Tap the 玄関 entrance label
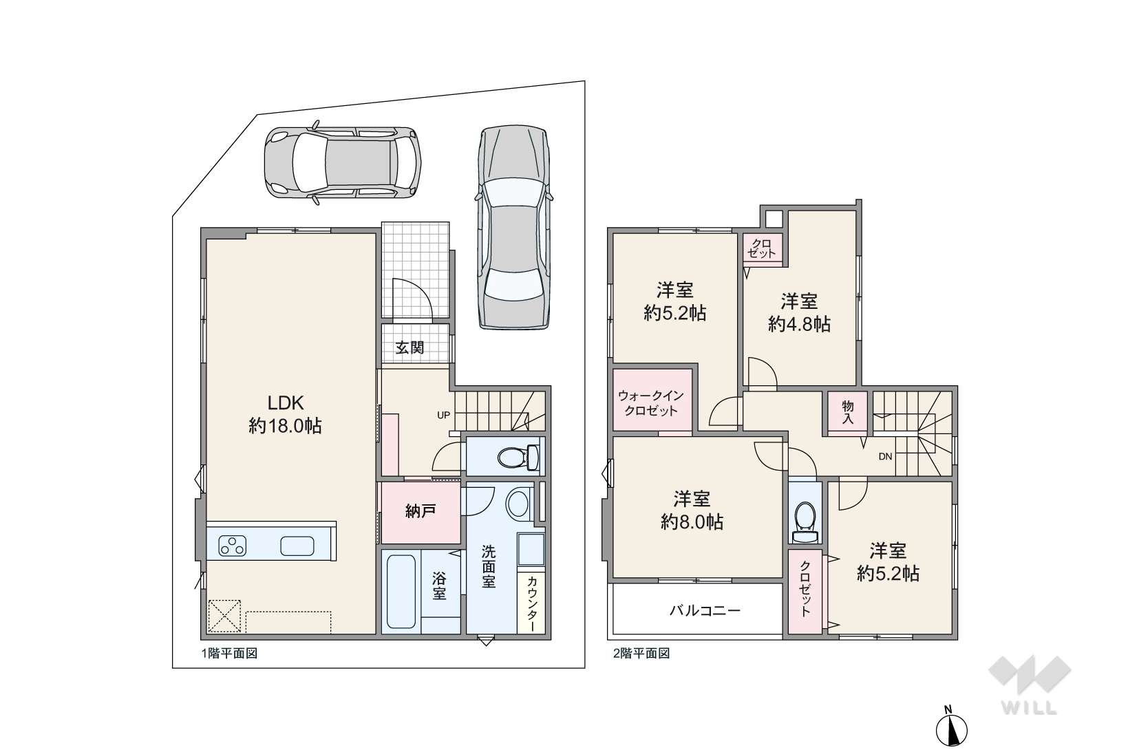coord(409,348)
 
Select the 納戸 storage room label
coord(421,511)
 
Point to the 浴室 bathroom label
coord(439,585)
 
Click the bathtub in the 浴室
coord(401,592)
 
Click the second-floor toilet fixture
coord(805,522)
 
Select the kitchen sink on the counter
coord(297,546)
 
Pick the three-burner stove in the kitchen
coord(232,546)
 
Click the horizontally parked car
coord(343,162)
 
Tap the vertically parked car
coord(513,228)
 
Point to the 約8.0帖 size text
coord(692,522)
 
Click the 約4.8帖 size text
coord(799,323)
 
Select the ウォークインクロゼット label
coord(651,403)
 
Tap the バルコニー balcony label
coord(705,610)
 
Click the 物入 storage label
coord(848,412)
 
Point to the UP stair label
coord(443,416)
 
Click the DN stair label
coord(885,457)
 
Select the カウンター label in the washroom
coord(532,604)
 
